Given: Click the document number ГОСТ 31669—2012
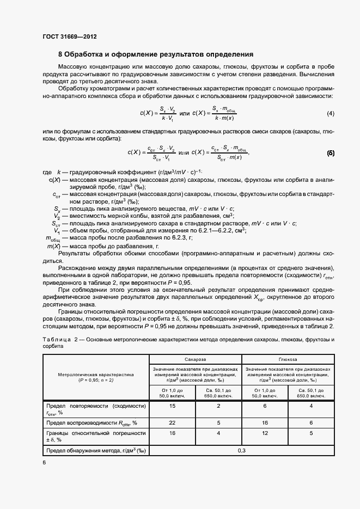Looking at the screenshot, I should coord(69,37).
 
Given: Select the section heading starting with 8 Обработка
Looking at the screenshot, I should coord(155,54).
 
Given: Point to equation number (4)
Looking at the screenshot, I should coord(330,114).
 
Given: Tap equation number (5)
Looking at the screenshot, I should coord(330,153).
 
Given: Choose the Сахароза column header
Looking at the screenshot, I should coord(195,360).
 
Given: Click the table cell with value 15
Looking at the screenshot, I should coord(172,406).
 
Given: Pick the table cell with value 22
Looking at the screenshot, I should coord(172,422).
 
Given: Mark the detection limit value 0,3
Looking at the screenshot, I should coord(242,450).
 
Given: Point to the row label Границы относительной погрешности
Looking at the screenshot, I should coord(95,436).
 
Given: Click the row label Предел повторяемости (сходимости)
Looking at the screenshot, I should coord(95,409).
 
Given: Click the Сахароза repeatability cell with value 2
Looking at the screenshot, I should coord(218,406).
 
